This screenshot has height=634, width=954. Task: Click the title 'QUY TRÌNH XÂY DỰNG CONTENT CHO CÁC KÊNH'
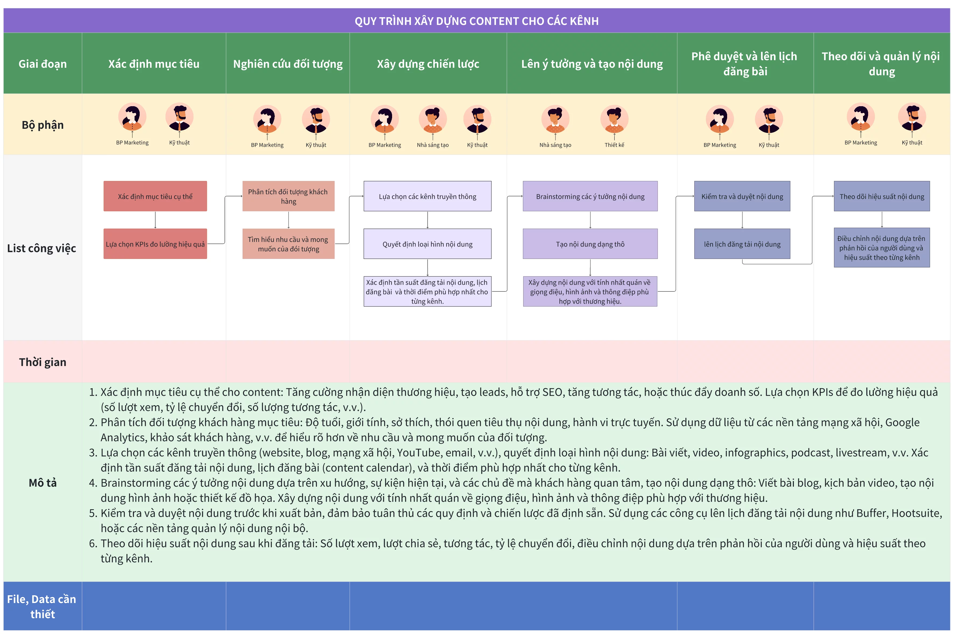(477, 21)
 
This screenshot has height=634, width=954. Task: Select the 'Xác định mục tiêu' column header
(154, 64)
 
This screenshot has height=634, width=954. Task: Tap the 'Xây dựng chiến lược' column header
(428, 64)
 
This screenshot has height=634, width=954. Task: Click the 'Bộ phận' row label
(43, 125)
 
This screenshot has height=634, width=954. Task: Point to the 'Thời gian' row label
(43, 362)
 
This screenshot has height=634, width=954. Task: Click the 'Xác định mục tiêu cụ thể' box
(155, 196)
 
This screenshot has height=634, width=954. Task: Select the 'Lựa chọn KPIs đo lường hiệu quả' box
(155, 244)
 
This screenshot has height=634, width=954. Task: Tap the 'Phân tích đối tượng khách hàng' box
(288, 196)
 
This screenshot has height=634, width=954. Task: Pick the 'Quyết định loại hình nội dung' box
(427, 244)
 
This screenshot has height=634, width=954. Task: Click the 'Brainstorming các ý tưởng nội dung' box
(590, 196)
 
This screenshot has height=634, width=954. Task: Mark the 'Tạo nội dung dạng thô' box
(590, 244)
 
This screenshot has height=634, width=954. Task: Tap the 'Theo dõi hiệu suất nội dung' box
(882, 196)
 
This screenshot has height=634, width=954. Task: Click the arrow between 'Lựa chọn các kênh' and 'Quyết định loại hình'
(428, 220)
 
